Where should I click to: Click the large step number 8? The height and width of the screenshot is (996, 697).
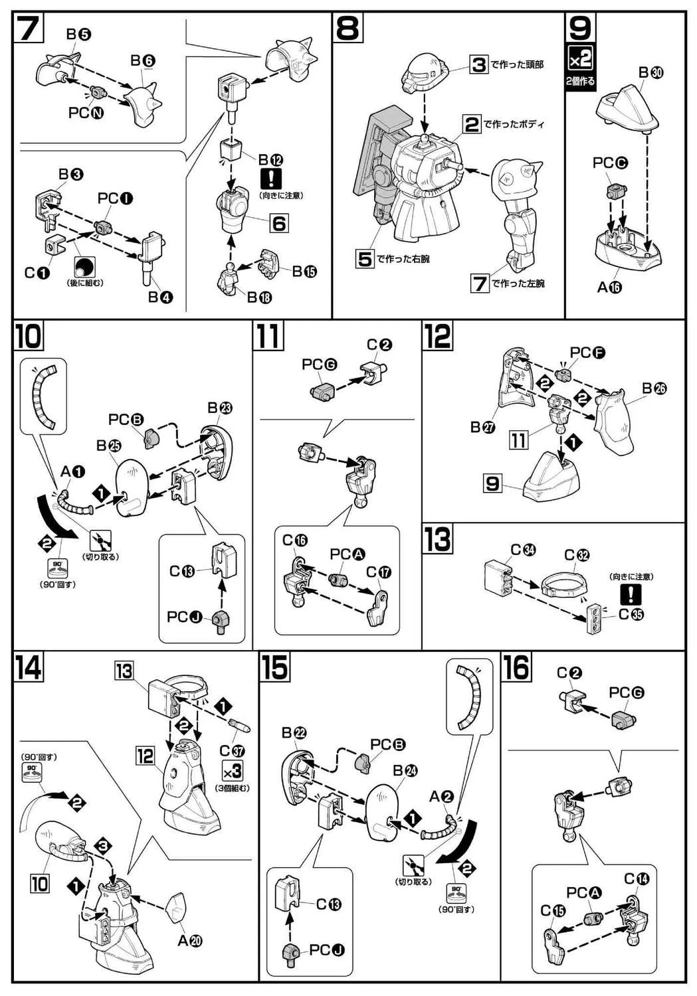pos(348,29)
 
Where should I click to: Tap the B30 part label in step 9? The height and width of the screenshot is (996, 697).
pos(650,72)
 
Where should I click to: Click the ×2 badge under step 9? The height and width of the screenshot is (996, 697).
pos(580,60)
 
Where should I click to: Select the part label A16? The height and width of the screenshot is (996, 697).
pos(609,288)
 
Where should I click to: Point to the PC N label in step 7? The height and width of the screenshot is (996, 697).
pos(86,113)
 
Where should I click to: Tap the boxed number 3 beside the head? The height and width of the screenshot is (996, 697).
pos(479,64)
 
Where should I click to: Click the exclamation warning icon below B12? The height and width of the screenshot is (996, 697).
pos(272,178)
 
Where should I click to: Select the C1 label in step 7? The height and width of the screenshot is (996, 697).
pos(37,272)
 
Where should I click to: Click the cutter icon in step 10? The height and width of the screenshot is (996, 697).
pos(100,540)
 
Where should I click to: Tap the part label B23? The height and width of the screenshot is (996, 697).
pos(220,408)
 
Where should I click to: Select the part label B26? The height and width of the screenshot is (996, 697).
pos(654,388)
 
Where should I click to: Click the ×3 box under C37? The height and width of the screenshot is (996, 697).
pos(233,772)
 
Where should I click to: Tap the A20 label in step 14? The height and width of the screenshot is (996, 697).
pos(190,941)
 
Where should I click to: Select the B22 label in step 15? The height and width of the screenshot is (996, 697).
pos(294,733)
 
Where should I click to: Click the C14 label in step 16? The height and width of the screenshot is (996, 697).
pos(637,879)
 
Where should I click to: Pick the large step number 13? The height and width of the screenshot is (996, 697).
pos(438,539)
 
